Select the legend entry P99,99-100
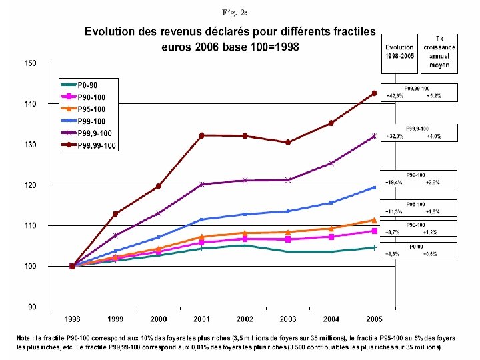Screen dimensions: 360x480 pos(96,145)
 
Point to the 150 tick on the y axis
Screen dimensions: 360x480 pos(30,63)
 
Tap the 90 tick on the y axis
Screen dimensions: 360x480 pos(32,307)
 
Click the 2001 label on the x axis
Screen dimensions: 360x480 pos(201,318)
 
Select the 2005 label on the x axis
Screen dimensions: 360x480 pos(374,318)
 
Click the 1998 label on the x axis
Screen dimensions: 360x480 pos(72,318)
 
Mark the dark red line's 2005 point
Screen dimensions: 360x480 pos(374,93)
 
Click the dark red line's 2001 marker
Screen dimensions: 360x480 pos(201,135)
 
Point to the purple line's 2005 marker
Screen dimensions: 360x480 pos(374,136)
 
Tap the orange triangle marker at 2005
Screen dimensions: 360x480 pos(374,220)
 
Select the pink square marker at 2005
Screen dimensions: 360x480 pos(374,231)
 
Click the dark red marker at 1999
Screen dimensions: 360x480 pos(115,214)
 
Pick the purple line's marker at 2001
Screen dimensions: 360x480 pos(201,185)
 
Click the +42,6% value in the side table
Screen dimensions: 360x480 pos(393,96)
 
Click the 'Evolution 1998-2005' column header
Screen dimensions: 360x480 pos(399,51)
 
